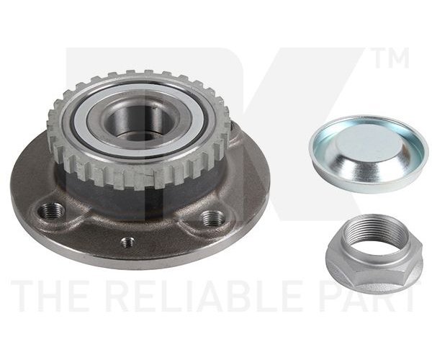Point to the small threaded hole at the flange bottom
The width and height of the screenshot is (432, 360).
128,243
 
